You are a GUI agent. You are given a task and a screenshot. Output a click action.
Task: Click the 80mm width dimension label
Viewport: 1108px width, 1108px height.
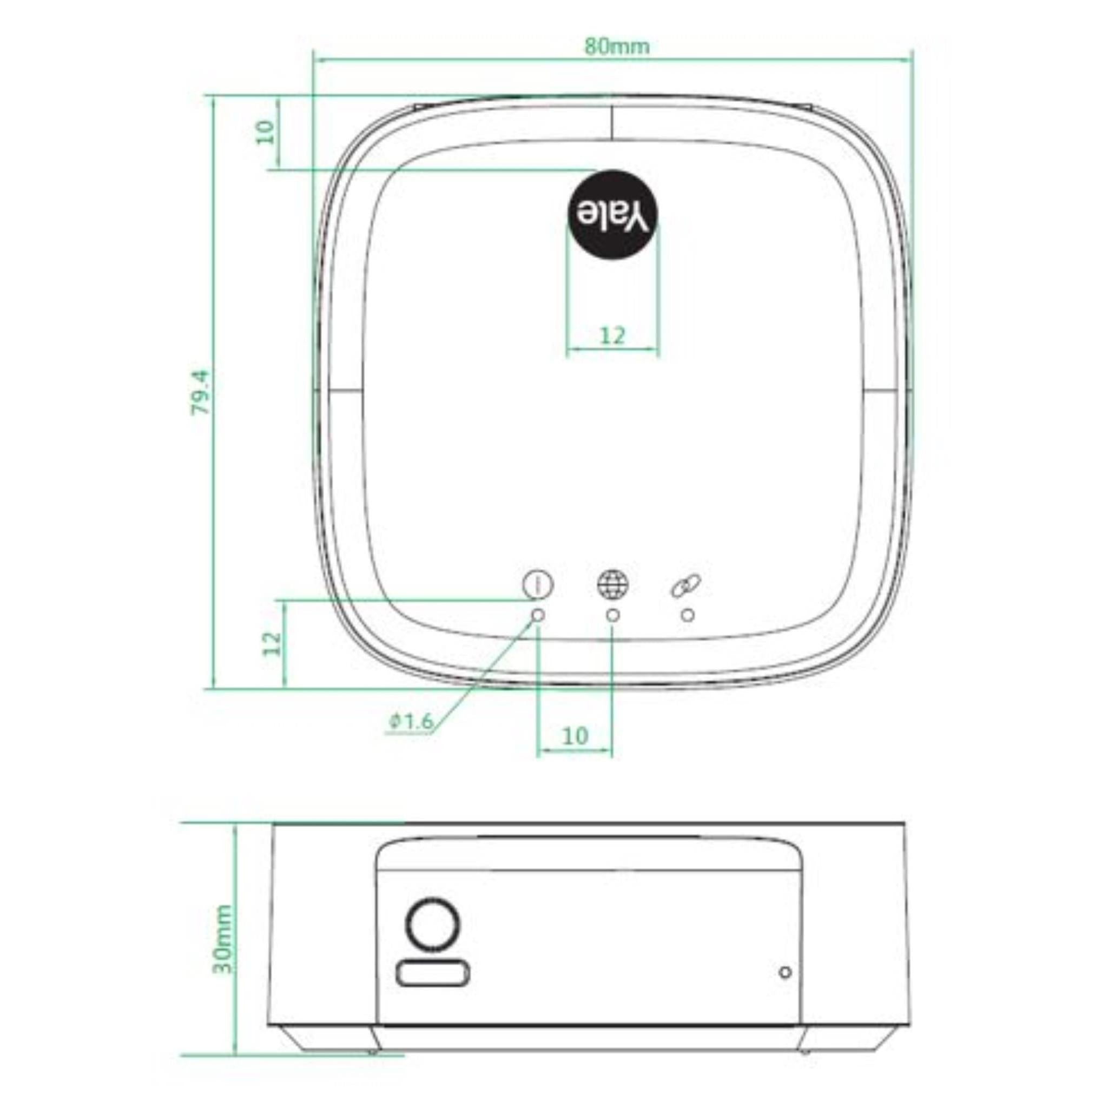pos(617,46)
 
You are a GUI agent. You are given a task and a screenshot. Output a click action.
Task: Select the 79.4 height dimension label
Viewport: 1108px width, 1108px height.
pos(202,392)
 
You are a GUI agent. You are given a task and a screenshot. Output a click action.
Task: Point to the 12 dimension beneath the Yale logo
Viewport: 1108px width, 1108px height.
pos(612,335)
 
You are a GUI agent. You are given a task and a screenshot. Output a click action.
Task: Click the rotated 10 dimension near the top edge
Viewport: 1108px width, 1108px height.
pos(266,132)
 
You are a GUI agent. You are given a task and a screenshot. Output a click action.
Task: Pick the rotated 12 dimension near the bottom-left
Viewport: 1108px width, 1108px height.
pos(273,643)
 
